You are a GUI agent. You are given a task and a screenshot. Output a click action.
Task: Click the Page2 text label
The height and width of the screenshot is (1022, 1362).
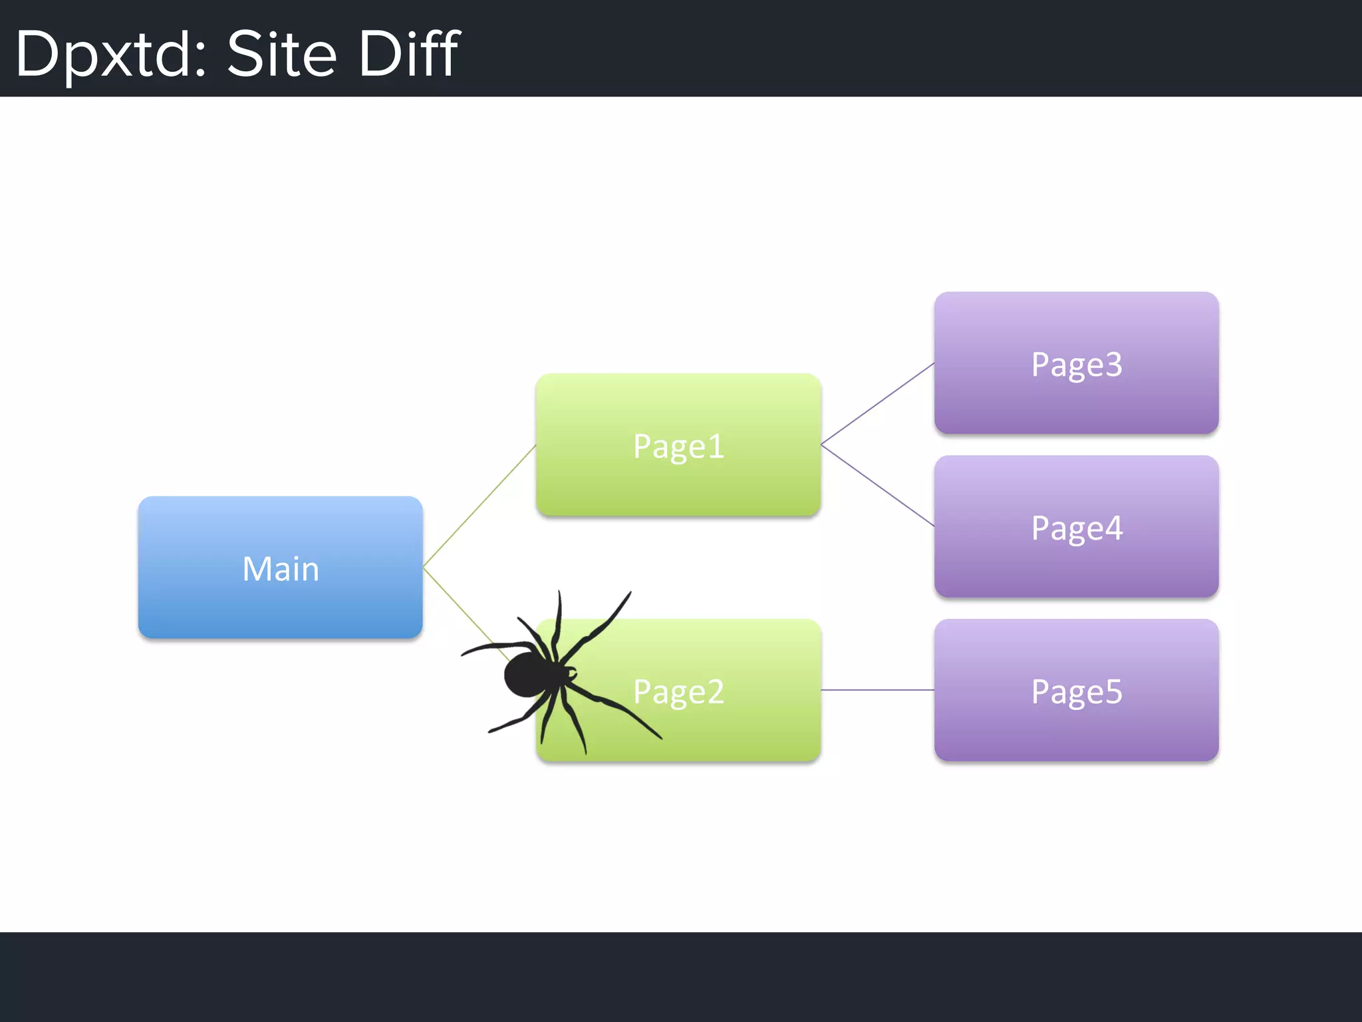[x=678, y=692]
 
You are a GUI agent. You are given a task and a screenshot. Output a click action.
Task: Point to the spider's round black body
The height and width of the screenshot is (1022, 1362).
[x=527, y=675]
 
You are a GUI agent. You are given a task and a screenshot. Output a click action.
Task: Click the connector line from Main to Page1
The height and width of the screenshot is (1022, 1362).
[x=479, y=506]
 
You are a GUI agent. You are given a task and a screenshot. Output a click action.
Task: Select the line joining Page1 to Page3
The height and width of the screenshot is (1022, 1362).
[x=878, y=403]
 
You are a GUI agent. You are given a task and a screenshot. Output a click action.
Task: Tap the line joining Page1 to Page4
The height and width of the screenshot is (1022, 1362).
[x=878, y=486]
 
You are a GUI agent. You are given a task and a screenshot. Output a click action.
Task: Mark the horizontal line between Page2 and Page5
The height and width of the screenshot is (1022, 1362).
[x=878, y=690]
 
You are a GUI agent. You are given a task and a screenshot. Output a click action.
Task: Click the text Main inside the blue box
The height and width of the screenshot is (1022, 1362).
[x=281, y=570]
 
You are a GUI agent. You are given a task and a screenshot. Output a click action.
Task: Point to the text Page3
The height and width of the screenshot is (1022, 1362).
[x=1077, y=365]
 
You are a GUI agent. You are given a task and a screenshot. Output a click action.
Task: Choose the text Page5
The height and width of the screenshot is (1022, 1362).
[x=1077, y=692]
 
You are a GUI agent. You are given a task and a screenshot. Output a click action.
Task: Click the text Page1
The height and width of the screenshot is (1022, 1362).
[x=678, y=446]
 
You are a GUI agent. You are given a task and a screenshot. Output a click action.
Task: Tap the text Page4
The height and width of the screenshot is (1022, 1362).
[x=1077, y=528]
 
